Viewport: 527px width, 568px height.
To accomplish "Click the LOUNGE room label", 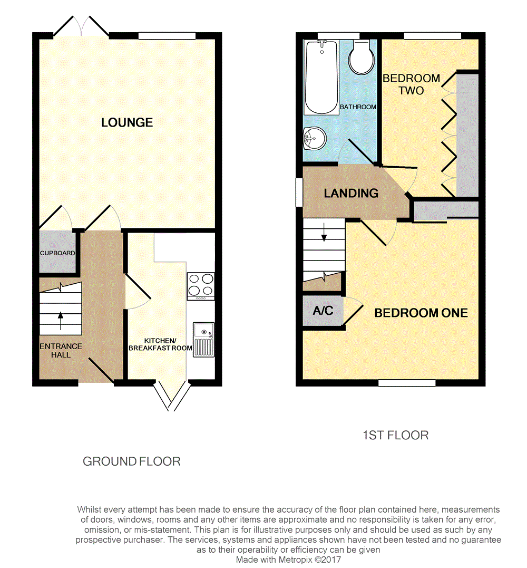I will click(x=127, y=122).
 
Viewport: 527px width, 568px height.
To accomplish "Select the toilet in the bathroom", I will click(x=361, y=59).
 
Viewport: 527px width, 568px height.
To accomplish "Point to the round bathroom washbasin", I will click(x=315, y=139).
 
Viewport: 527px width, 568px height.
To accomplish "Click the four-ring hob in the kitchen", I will click(x=201, y=286).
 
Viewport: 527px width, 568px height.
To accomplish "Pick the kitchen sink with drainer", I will click(x=203, y=339).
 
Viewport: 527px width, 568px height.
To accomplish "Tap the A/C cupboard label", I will click(x=323, y=311).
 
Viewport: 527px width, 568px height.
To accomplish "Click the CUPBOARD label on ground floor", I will click(x=57, y=253).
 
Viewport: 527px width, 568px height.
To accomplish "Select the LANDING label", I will click(x=351, y=193).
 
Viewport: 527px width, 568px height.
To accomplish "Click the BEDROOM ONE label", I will click(x=421, y=313).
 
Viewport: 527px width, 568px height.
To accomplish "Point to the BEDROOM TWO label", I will click(x=411, y=84).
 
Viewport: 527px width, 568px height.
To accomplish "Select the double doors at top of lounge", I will click(x=81, y=26).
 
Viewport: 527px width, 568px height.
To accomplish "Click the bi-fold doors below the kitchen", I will click(x=171, y=396).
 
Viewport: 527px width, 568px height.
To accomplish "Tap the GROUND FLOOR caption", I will click(x=132, y=461).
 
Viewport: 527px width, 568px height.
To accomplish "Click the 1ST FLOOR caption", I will click(x=396, y=435).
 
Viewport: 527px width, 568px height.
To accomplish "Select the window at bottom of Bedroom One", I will click(x=407, y=383).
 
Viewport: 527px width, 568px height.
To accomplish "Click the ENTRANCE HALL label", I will click(x=61, y=351).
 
